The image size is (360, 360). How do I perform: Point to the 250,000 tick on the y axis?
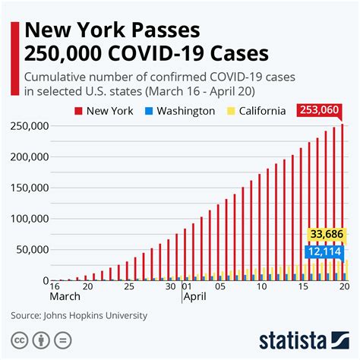pos(27,126)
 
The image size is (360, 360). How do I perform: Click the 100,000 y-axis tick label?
pos(27,219)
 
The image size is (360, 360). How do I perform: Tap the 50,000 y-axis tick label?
pos(30,250)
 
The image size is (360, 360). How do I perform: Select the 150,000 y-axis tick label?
pos(27,188)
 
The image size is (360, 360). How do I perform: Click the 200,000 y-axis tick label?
pos(27,156)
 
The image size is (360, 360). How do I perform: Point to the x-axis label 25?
pos(129,287)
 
